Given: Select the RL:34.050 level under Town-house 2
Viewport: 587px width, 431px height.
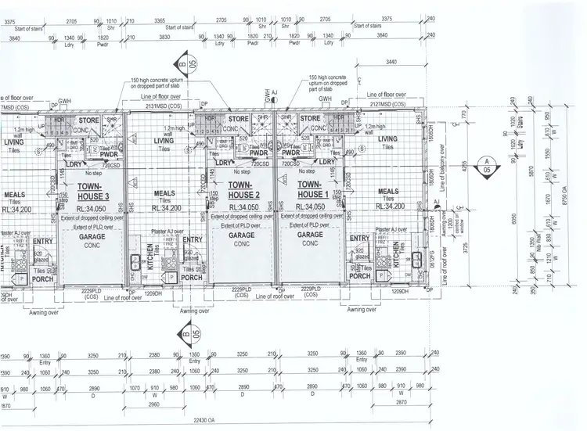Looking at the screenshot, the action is (x=241, y=207).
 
